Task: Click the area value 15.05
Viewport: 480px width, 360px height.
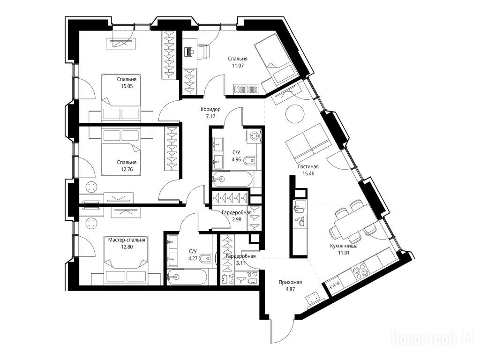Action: (127, 86)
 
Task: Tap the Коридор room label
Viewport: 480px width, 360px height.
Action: (210, 109)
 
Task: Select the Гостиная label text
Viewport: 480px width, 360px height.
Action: (308, 166)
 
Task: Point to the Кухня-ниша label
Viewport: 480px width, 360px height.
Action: (344, 246)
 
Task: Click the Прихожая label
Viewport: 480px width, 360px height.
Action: (290, 282)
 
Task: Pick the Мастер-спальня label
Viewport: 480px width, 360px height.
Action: (127, 240)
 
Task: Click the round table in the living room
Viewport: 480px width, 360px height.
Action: (295, 114)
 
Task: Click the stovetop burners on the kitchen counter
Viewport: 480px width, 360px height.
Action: (360, 272)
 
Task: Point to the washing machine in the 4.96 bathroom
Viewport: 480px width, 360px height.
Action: (254, 135)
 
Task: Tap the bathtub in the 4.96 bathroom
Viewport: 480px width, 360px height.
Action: (232, 179)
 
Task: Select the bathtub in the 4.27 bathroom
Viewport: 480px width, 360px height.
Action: (187, 277)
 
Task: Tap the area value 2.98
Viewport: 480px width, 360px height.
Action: (236, 219)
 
